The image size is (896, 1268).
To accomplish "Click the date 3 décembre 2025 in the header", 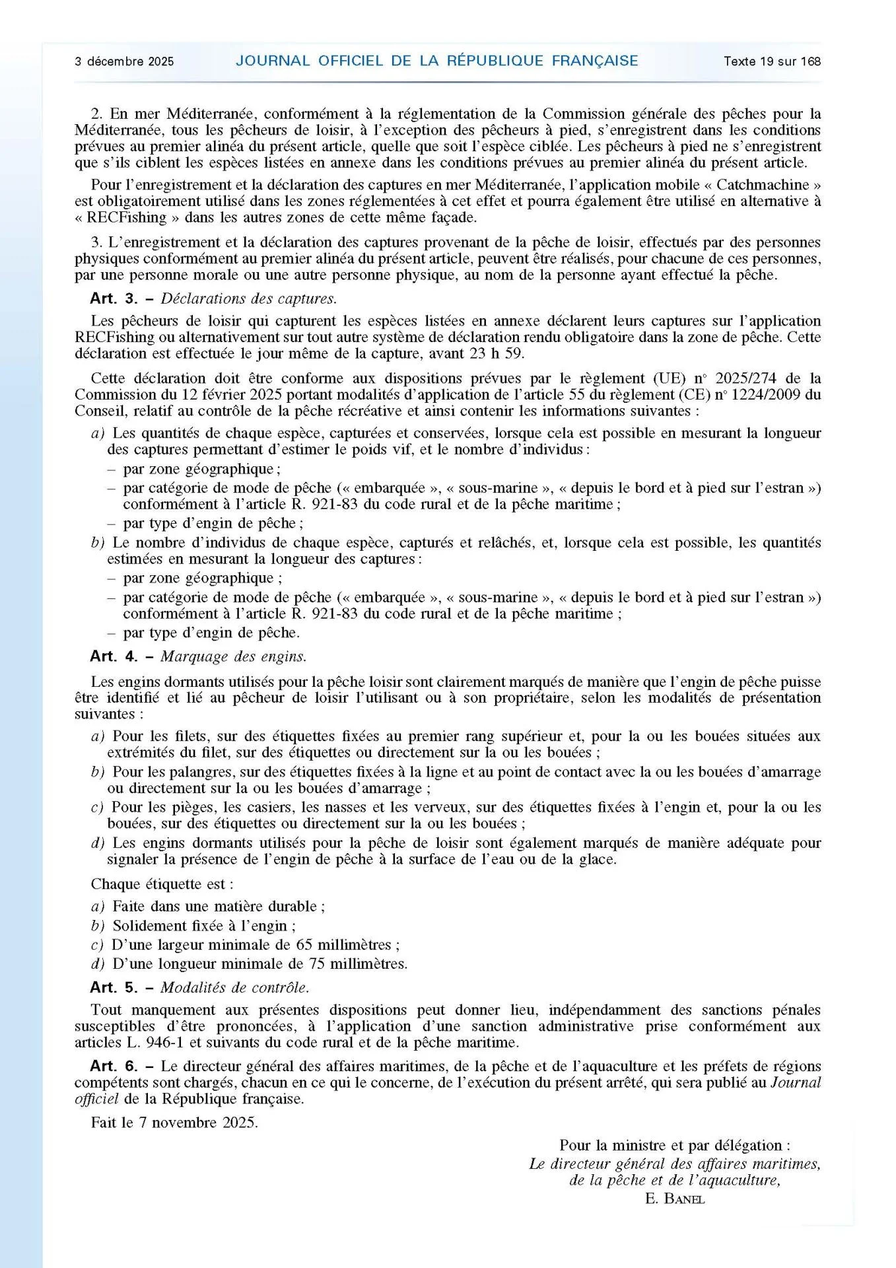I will click(x=124, y=61).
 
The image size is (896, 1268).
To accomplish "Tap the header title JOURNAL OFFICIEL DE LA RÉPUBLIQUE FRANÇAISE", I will click(x=437, y=61).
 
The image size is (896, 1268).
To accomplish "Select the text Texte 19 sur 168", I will click(x=772, y=61).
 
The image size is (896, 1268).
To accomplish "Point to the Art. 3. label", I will click(x=114, y=299).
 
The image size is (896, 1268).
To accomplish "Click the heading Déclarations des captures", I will click(x=249, y=299).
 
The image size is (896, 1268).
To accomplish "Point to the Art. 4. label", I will click(x=114, y=657).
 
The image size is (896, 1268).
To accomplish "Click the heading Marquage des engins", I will click(x=234, y=657).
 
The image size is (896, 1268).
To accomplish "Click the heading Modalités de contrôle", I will click(x=234, y=989).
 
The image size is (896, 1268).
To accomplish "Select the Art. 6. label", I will click(x=114, y=1067).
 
